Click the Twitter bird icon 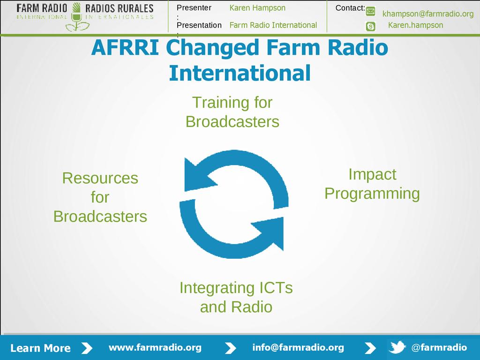click(397, 347)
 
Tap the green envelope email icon click(370, 12)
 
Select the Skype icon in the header click(370, 26)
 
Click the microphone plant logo click(76, 17)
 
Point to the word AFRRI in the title click(125, 47)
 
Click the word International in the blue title click(240, 73)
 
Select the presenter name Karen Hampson click(257, 8)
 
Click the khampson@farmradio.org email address click(428, 14)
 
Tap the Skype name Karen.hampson click(415, 25)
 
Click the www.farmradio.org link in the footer click(155, 347)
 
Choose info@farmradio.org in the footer click(298, 347)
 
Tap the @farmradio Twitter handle click(439, 347)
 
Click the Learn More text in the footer click(40, 348)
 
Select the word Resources click(100, 178)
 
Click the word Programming click(372, 194)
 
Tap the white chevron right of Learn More click(87, 348)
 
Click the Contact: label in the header click(350, 8)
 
